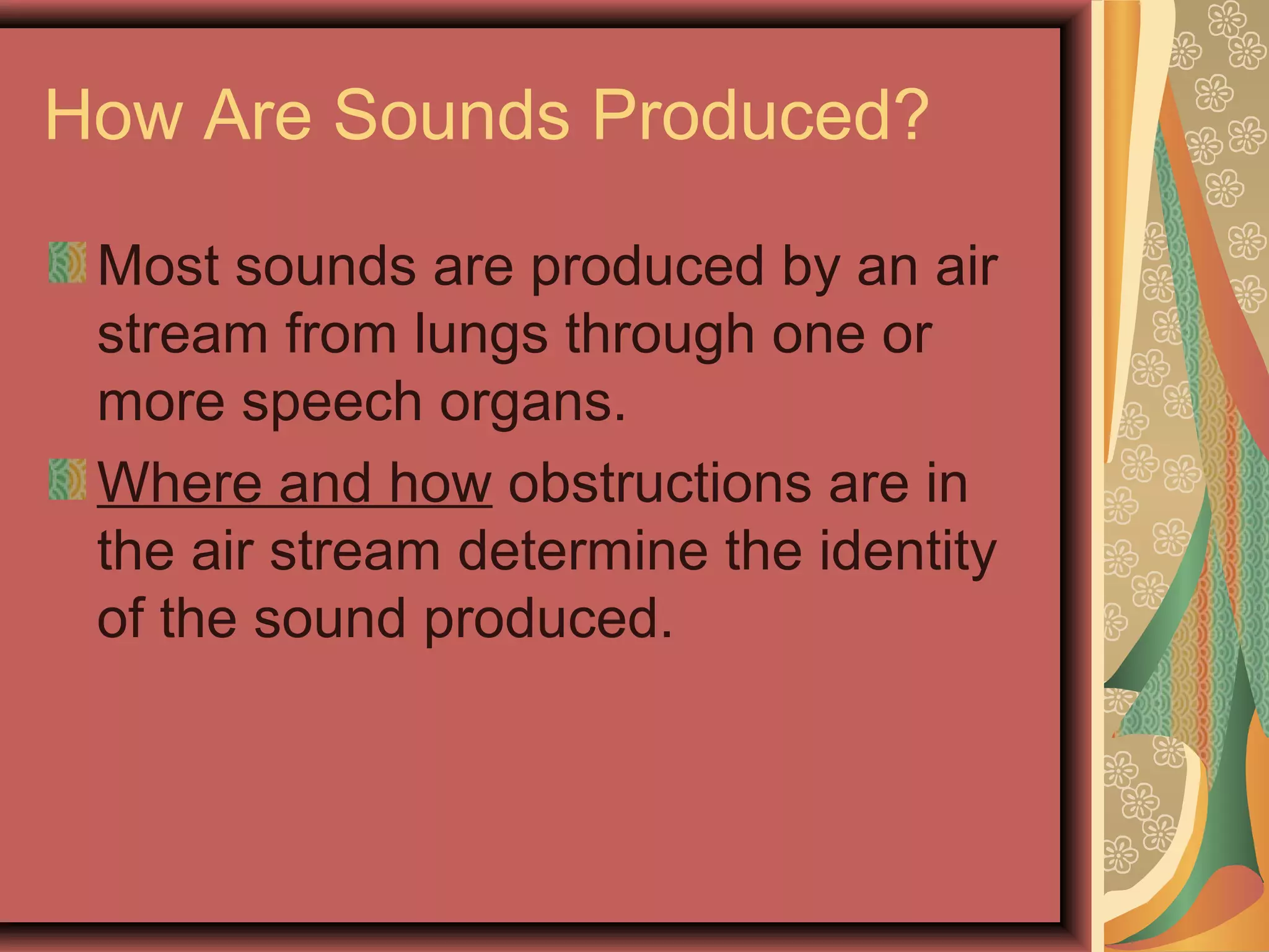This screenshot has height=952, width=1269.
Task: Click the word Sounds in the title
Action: (x=451, y=115)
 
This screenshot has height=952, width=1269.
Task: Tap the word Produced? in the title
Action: (x=761, y=115)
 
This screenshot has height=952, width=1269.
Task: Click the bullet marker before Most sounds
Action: (x=68, y=263)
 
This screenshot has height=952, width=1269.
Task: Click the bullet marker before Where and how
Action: (x=68, y=479)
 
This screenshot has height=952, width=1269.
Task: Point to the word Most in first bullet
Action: (x=159, y=267)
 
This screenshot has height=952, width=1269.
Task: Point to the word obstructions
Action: (x=659, y=483)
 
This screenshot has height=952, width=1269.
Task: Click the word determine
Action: (x=582, y=552)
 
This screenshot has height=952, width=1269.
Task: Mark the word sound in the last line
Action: (x=330, y=620)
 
